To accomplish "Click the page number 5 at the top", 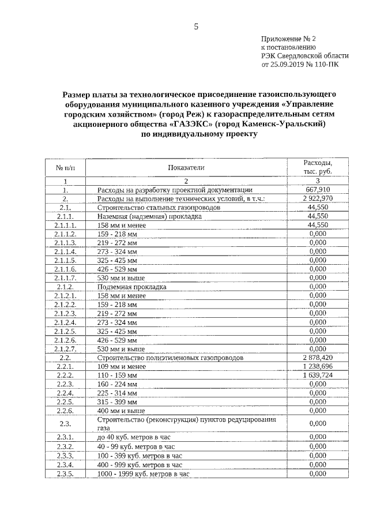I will click(x=195, y=26).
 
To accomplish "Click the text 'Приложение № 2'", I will click(x=289, y=39).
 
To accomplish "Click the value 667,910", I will click(x=318, y=190).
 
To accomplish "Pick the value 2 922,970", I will click(x=318, y=198).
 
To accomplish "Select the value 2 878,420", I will click(x=318, y=358).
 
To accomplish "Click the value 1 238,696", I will click(x=318, y=366).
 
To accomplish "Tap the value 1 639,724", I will click(x=318, y=375).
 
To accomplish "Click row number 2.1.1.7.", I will click(x=65, y=278).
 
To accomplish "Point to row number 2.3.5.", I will click(x=65, y=474).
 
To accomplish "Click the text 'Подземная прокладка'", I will click(x=132, y=287).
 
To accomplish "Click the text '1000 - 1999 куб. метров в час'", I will click(x=144, y=474).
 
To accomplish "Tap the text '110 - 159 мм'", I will click(x=118, y=375).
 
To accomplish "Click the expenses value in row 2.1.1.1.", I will click(x=318, y=225).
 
